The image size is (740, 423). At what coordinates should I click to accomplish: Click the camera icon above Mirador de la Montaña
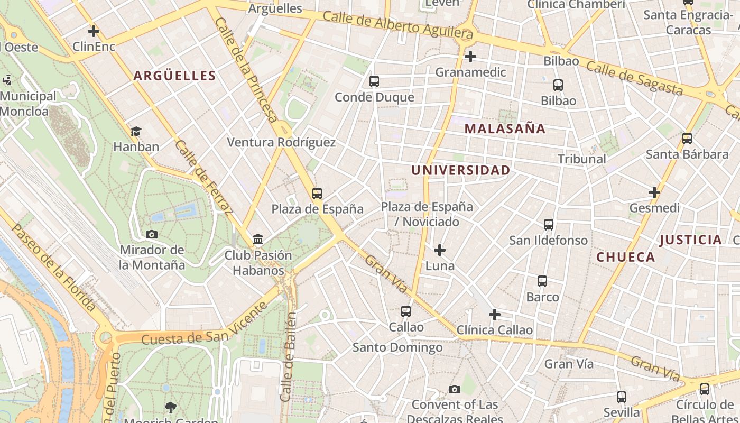point(152,234)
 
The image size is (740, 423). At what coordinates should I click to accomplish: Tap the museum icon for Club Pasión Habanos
point(258,240)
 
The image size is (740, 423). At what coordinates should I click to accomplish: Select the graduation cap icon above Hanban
point(136,131)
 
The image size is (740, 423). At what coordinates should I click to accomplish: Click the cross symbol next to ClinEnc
point(94,31)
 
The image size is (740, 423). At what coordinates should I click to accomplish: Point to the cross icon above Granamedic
point(470,56)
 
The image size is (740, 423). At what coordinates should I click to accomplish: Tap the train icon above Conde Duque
point(374,81)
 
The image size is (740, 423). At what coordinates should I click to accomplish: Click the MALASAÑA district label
point(505,128)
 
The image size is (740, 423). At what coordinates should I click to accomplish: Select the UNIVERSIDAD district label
point(460,170)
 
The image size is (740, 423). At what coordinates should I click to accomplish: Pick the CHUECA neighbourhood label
point(626,258)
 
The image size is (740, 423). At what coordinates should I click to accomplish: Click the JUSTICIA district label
point(690,240)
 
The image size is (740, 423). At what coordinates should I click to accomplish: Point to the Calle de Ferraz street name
point(203,178)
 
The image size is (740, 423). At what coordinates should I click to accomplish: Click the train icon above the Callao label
point(406,311)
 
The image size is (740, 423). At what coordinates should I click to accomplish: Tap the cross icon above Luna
point(439,250)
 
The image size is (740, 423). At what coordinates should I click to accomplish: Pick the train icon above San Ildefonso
point(549,225)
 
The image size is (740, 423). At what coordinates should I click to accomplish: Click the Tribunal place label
point(582,159)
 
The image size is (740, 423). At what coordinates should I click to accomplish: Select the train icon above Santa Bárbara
point(687,139)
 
